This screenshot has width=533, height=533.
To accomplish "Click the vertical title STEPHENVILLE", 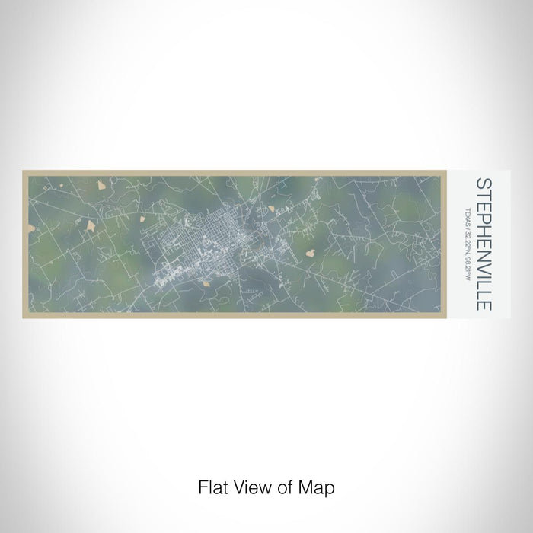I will tap(483, 244).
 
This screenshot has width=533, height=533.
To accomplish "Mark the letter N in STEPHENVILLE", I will tap(483, 249).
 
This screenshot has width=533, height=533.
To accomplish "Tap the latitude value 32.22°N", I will tap(466, 244).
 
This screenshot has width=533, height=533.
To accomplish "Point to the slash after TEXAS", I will tap(466, 230).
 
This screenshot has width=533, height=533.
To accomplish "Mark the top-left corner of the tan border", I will tap(24, 171).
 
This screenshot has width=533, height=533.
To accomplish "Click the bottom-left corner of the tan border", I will tap(24, 316).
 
